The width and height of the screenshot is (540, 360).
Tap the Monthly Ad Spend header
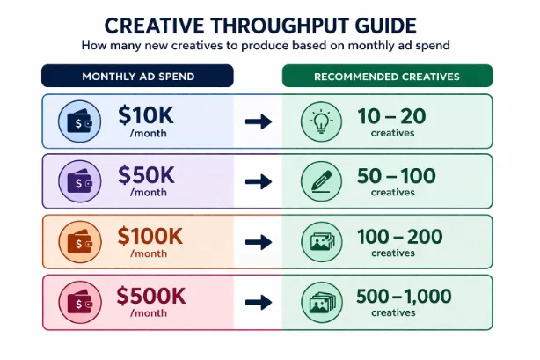pyautogui.click(x=138, y=77)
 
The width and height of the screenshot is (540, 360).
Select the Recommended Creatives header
pyautogui.click(x=386, y=77)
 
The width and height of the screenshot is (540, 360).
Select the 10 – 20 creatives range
pyautogui.click(x=393, y=116)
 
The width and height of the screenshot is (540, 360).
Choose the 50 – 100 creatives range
pyautogui.click(x=396, y=176)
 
